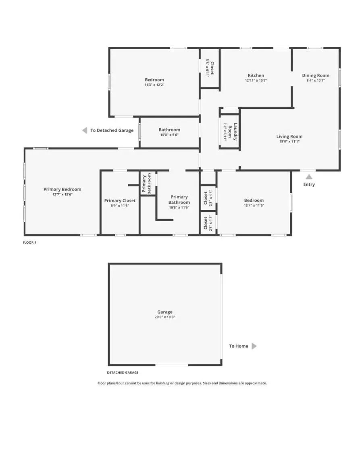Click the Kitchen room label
point(256,75)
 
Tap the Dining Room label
point(316,75)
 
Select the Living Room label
point(289,136)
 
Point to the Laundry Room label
point(233,131)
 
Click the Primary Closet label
point(120,201)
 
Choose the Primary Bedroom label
point(62,189)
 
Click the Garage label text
point(165,312)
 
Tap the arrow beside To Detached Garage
point(85,130)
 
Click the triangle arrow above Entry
point(309,176)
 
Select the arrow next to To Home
point(254,346)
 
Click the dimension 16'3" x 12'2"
point(154,85)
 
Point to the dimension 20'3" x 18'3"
point(165,317)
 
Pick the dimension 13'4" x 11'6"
point(254,205)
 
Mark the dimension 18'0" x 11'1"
point(289,142)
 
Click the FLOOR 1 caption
point(29,242)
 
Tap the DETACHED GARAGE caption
point(123,372)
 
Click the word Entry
point(309,185)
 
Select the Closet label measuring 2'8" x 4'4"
point(206,198)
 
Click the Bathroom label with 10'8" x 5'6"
point(169,130)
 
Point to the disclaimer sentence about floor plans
point(182,383)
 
